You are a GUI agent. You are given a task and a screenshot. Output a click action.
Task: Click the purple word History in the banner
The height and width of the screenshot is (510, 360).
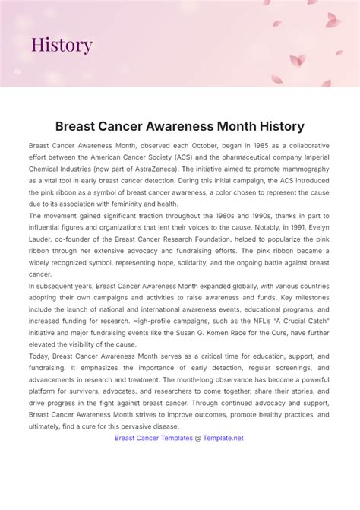coord(62,45)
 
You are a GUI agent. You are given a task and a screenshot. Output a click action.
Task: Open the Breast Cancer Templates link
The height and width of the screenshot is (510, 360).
coord(154,438)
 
